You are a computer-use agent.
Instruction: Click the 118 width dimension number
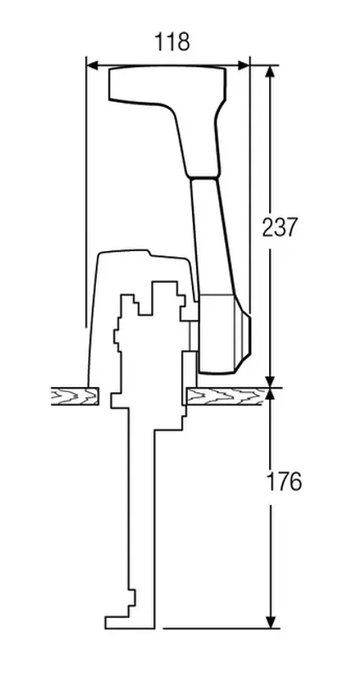(x=172, y=42)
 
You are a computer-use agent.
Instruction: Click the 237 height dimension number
(x=280, y=227)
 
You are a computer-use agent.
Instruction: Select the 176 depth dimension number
(x=284, y=481)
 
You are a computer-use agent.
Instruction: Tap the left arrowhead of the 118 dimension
(x=93, y=65)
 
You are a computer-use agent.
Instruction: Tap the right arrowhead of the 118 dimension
(x=244, y=65)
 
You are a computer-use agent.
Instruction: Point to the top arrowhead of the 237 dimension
(x=270, y=71)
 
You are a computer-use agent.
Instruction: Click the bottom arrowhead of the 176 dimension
(x=271, y=622)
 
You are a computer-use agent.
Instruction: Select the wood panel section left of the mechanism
(x=75, y=396)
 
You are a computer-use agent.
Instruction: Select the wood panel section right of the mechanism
(x=225, y=396)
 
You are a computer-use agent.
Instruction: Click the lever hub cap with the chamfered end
(x=244, y=334)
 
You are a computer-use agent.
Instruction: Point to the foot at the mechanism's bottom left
(x=117, y=622)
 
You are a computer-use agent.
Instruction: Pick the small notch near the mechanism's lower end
(x=132, y=598)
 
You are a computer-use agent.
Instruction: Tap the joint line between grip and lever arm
(x=203, y=177)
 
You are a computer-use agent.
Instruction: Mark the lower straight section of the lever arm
(x=213, y=236)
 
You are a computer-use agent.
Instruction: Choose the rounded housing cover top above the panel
(x=143, y=255)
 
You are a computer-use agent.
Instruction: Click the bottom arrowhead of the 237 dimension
(x=270, y=381)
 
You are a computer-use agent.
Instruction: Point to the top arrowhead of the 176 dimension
(x=271, y=394)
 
